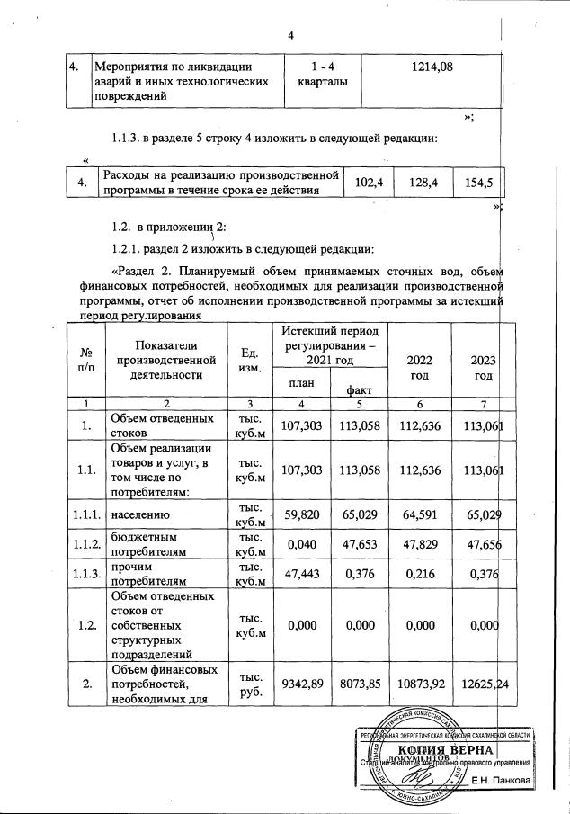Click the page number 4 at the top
tap(291, 35)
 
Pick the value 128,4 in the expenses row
tap(422, 183)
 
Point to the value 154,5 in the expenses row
tap(474, 183)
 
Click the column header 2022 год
tap(418, 367)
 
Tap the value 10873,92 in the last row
tap(418, 685)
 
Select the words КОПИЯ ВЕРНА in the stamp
tap(444, 749)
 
